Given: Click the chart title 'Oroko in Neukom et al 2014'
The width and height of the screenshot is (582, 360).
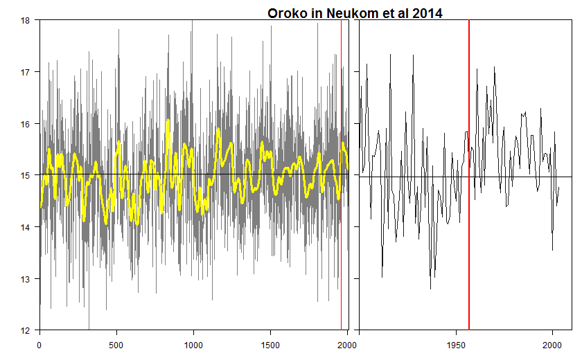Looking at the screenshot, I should [x=355, y=12].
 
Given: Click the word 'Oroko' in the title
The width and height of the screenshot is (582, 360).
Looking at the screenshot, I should [x=286, y=12].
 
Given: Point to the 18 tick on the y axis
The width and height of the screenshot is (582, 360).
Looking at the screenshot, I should [x=25, y=20].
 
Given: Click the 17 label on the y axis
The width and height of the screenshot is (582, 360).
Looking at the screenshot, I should [x=25, y=72].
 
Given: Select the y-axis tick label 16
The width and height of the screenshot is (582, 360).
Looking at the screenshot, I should [x=25, y=124].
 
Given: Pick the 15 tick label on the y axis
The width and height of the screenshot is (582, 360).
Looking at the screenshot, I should [x=25, y=175].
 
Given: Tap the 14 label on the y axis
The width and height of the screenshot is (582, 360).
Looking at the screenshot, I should [x=25, y=227].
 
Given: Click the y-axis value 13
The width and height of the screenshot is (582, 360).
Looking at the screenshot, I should [x=25, y=279].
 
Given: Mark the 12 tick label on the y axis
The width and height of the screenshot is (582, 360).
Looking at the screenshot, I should [x=25, y=330].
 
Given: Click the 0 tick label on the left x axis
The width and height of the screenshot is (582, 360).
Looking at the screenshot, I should [x=39, y=344].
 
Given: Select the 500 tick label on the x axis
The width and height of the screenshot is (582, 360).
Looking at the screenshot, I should [x=116, y=344].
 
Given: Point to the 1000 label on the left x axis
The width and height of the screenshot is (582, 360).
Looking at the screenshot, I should [x=193, y=344].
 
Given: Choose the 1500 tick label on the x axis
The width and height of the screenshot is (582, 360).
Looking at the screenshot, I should [x=270, y=344].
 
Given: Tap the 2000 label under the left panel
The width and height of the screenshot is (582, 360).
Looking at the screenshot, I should [x=346, y=344].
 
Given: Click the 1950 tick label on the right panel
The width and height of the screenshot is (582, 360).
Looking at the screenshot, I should [x=455, y=344].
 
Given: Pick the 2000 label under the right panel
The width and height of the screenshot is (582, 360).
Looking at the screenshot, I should [x=552, y=344].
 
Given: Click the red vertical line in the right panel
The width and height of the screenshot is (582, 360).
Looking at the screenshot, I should [x=469, y=208].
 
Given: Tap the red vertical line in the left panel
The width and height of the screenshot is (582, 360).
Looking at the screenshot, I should [x=341, y=208].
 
